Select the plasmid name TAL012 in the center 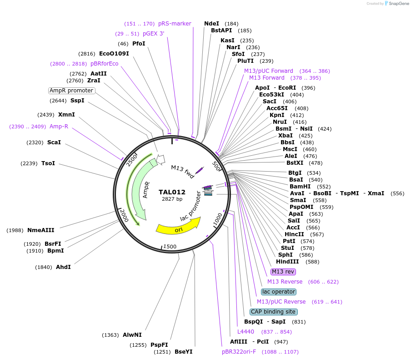[172, 192]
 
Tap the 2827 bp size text [172, 199]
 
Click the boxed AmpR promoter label [72, 91]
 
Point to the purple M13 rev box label [283, 272]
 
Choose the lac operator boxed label [279, 292]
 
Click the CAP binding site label [274, 312]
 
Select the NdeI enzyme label [211, 24]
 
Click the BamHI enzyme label [300, 187]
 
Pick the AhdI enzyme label [63, 267]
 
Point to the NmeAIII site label [40, 230]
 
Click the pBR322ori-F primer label [239, 352]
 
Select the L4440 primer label [246, 332]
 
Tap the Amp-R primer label [59, 127]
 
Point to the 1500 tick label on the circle [170, 246]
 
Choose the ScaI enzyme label [54, 142]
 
